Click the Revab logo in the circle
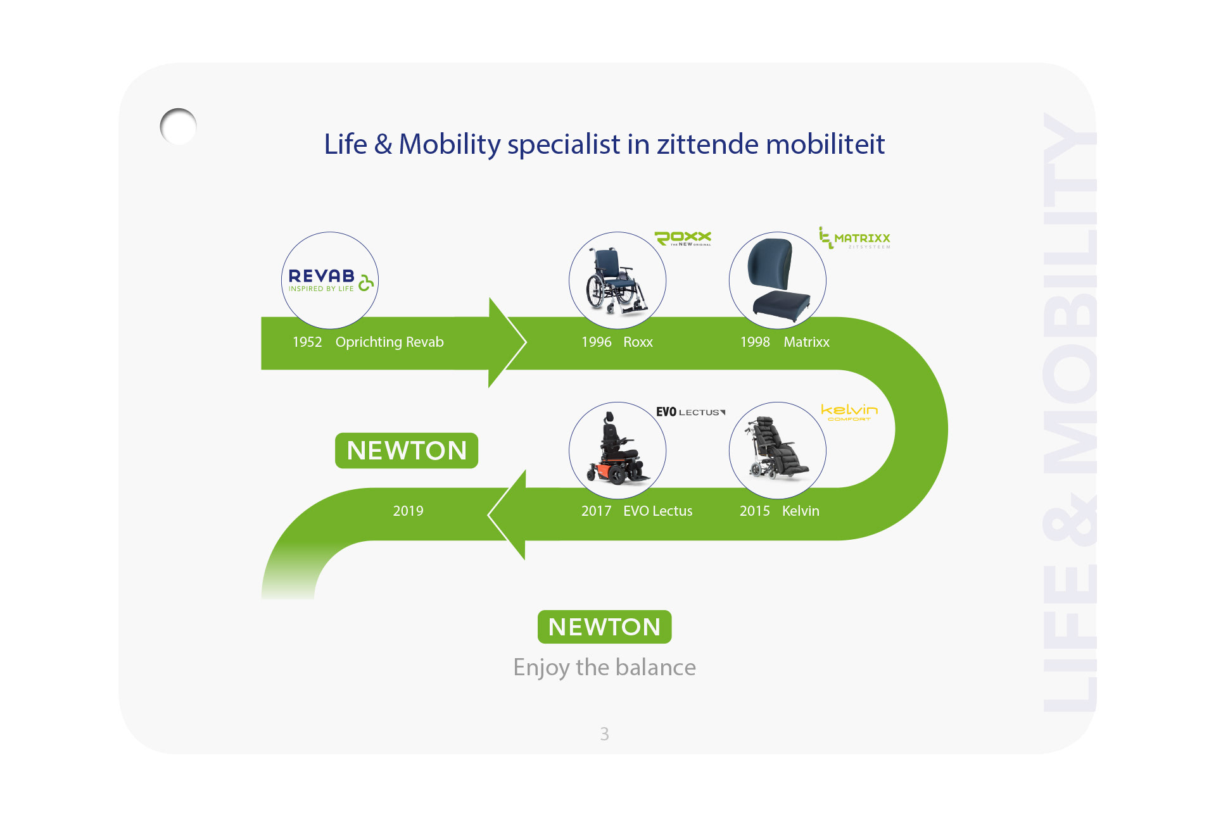[329, 280]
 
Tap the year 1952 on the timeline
[307, 342]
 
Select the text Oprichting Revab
[389, 342]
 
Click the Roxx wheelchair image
[617, 280]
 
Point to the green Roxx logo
[683, 238]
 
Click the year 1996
[596, 342]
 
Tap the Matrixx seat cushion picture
[777, 280]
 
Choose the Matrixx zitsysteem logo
[854, 238]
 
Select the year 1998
[755, 342]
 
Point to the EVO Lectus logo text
[690, 412]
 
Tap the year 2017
[596, 511]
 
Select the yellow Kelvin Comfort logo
[849, 412]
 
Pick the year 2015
[754, 511]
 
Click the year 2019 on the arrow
[408, 511]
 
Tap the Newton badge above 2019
[407, 451]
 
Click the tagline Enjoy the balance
[604, 668]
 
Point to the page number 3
[604, 734]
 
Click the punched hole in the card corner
[179, 127]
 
